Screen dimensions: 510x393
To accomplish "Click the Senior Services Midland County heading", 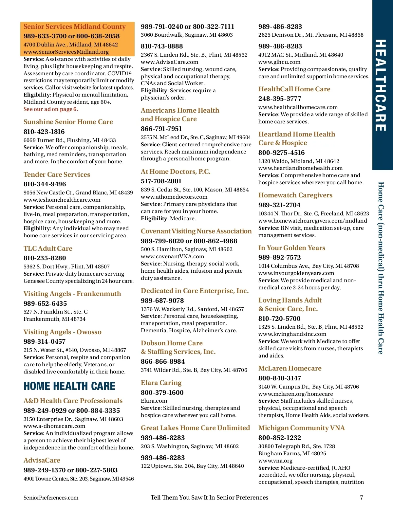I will (75, 27).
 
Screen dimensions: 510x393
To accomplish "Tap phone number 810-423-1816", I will (44, 132).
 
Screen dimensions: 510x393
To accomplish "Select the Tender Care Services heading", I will (57, 174).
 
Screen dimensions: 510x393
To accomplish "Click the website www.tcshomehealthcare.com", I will (62, 200).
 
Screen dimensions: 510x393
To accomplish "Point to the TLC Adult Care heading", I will (48, 248).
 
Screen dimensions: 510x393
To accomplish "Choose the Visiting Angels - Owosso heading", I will (63, 332).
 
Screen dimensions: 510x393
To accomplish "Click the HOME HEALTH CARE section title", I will (69, 386).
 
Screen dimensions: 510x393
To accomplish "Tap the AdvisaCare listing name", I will (42, 460).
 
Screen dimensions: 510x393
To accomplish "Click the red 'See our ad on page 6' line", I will (51, 109).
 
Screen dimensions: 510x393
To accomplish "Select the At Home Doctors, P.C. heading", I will (176, 172).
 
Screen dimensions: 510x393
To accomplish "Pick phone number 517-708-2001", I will (161, 181).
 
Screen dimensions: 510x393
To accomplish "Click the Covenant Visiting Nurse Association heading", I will (196, 231).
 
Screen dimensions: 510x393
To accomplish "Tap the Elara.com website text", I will (154, 401).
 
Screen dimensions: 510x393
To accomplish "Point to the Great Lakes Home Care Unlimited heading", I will (195, 428).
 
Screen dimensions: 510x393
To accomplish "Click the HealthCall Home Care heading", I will (294, 89).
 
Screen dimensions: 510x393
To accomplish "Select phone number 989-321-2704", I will (279, 205).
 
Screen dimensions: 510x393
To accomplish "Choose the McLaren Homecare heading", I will (290, 368).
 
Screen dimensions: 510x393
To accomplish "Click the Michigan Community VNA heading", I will (301, 428).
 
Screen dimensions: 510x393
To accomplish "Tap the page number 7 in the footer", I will (362, 498).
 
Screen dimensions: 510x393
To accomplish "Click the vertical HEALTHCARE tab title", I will (381, 85).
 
